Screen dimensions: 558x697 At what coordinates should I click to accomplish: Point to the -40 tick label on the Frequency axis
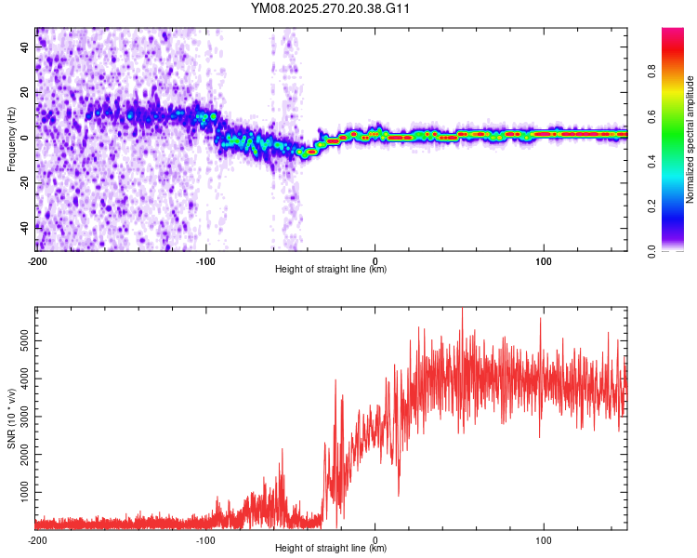25,226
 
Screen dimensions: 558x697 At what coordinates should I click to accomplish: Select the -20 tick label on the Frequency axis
25,181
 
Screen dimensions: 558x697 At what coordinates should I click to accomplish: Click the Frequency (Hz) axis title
11,139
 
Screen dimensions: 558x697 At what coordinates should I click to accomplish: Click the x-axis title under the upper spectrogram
331,270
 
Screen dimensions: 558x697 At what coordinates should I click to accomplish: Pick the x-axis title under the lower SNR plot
331,549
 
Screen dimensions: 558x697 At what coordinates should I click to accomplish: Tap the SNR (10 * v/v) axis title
11,418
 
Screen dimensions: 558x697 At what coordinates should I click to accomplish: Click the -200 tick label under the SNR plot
37,539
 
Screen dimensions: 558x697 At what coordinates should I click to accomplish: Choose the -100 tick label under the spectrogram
205,260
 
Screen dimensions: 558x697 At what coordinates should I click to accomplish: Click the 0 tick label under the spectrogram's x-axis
375,260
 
